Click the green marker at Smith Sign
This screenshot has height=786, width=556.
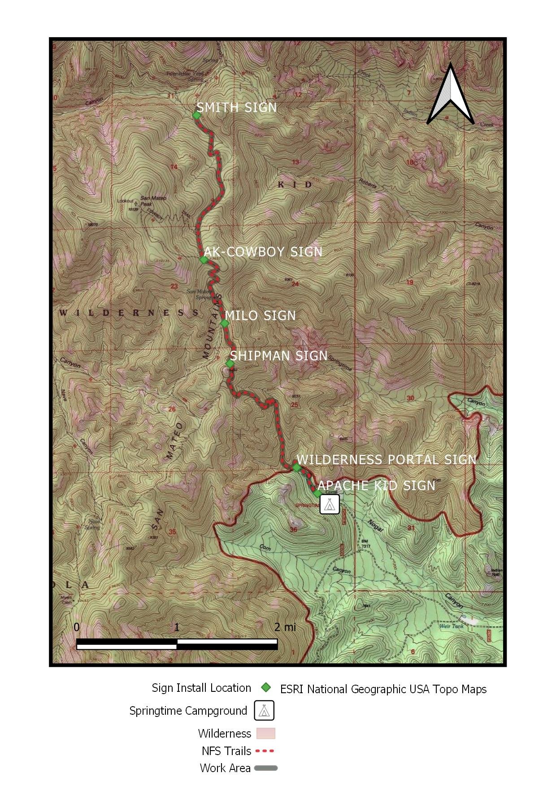pyautogui.click(x=196, y=115)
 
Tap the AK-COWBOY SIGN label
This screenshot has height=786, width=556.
pyautogui.click(x=263, y=252)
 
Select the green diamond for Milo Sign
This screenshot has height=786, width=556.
pyautogui.click(x=225, y=323)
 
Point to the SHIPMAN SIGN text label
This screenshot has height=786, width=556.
pyautogui.click(x=278, y=356)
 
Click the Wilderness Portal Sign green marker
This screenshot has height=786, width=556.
pyautogui.click(x=296, y=468)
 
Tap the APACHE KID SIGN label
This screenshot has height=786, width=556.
pyautogui.click(x=376, y=486)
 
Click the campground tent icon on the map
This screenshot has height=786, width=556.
pyautogui.click(x=330, y=504)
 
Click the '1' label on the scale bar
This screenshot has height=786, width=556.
pyautogui.click(x=177, y=627)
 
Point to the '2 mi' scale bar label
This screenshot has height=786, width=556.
pyautogui.click(x=285, y=627)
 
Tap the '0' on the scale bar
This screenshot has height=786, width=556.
pyautogui.click(x=77, y=627)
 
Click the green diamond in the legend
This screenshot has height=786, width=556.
pyautogui.click(x=266, y=687)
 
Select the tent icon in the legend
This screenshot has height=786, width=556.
pyautogui.click(x=264, y=710)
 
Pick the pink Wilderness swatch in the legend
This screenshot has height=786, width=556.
pyautogui.click(x=265, y=734)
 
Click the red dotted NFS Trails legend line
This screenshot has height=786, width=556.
pyautogui.click(x=265, y=751)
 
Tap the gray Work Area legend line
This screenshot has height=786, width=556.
pyautogui.click(x=266, y=768)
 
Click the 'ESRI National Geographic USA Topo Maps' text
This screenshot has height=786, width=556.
pyautogui.click(x=383, y=689)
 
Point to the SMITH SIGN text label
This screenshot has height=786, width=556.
pyautogui.click(x=237, y=108)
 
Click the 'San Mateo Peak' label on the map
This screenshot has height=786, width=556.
pyautogui.click(x=153, y=201)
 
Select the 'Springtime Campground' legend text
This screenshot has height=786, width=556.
pyautogui.click(x=188, y=711)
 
